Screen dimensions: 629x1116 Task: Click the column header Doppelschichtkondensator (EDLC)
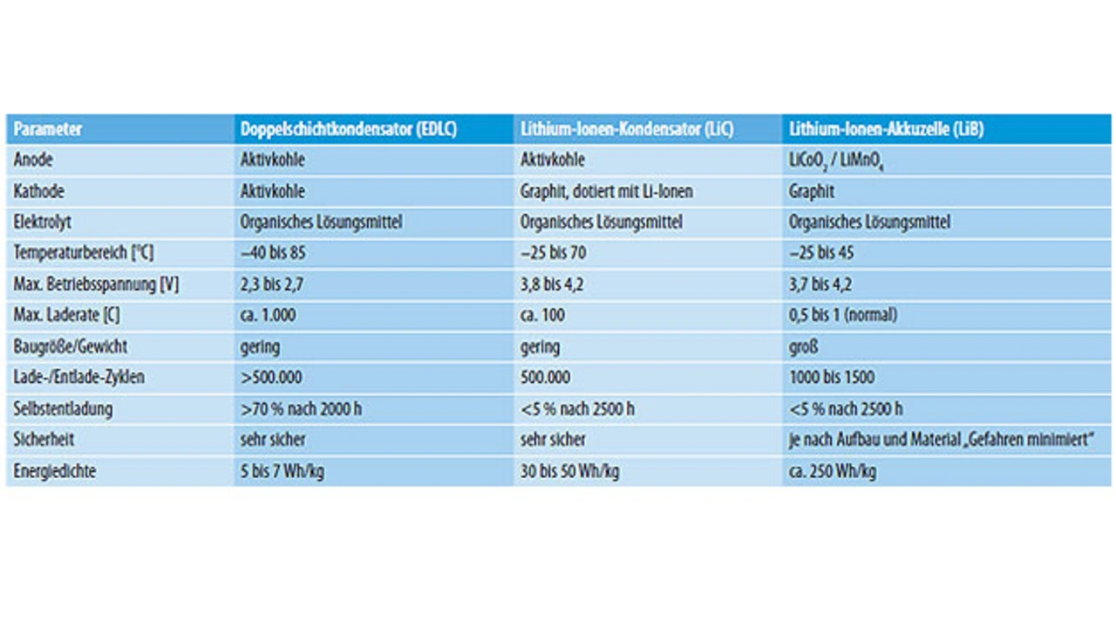click(348, 129)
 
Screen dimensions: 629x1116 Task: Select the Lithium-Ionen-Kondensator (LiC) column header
click(626, 129)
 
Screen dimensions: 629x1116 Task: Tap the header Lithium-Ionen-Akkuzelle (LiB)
click(886, 129)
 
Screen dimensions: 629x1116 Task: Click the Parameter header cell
click(48, 129)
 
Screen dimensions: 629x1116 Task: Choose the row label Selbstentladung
click(63, 409)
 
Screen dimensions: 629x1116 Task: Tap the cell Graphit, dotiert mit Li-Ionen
click(607, 192)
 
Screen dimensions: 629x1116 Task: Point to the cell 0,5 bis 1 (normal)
click(843, 315)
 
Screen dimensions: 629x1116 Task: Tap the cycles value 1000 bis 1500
click(832, 378)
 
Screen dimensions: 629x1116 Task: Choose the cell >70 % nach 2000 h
click(301, 409)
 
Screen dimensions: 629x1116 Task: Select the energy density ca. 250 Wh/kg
click(833, 471)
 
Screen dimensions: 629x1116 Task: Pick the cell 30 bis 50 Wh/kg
click(570, 471)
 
